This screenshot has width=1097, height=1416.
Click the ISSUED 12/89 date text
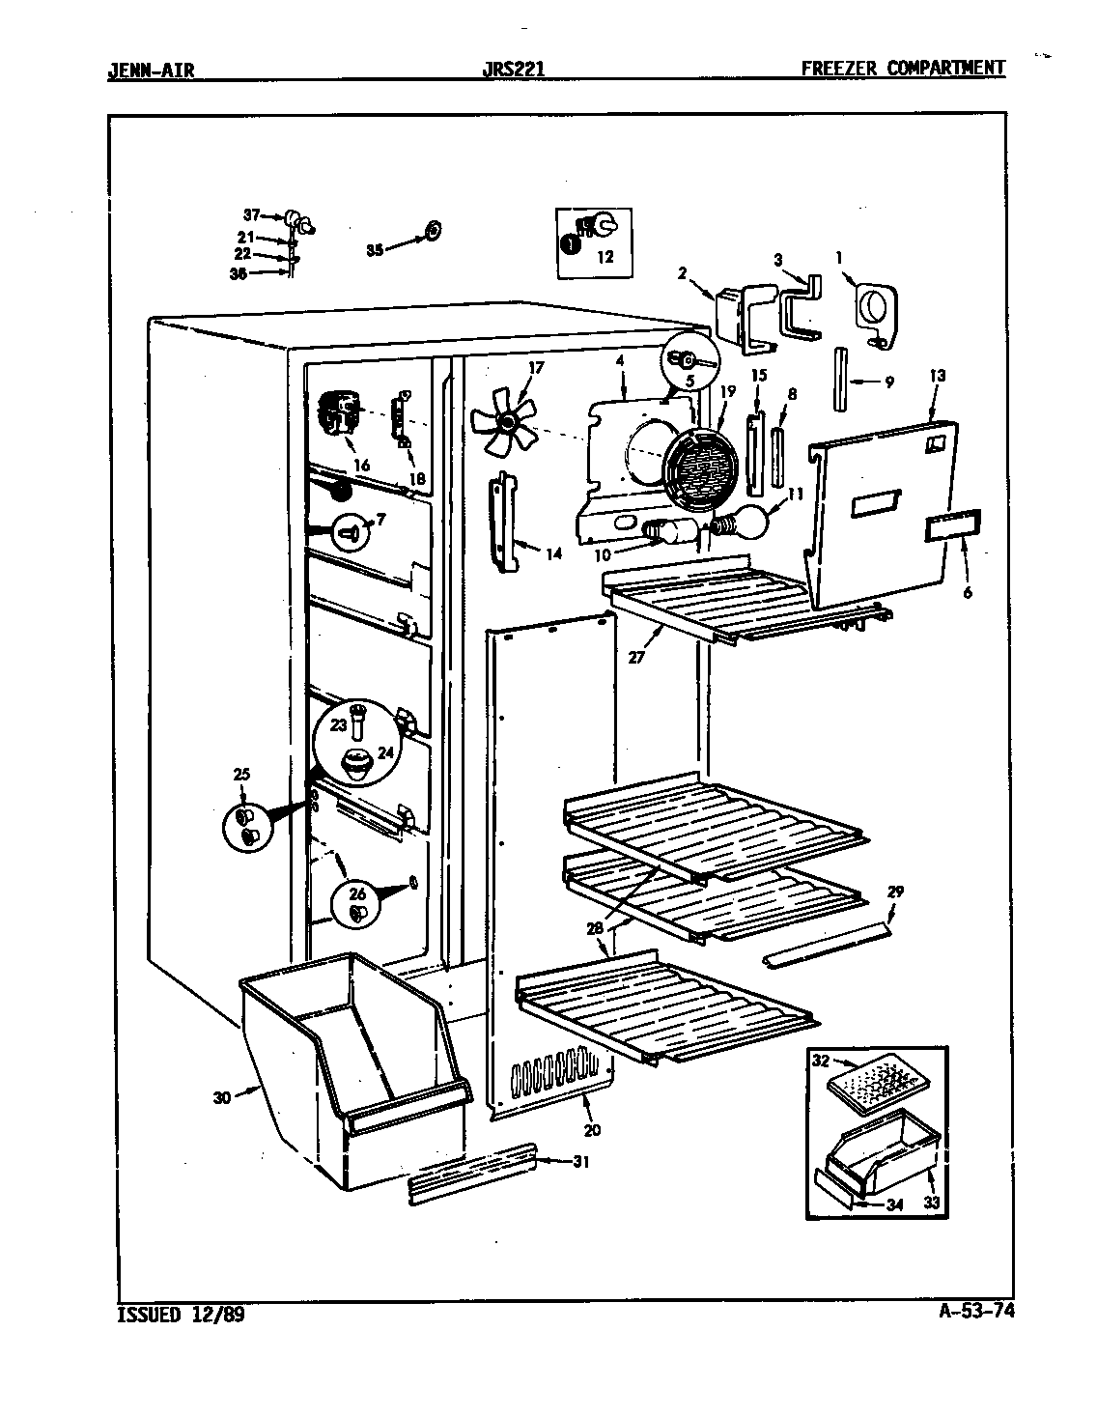click(x=180, y=1315)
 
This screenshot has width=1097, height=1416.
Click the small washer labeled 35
click(x=432, y=230)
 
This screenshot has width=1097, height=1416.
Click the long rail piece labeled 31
click(x=473, y=1173)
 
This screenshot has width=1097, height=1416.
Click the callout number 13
click(x=938, y=376)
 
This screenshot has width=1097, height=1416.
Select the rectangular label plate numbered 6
click(x=953, y=526)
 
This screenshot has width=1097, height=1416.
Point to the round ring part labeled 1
click(x=876, y=312)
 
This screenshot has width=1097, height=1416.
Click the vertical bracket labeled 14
click(x=501, y=520)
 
